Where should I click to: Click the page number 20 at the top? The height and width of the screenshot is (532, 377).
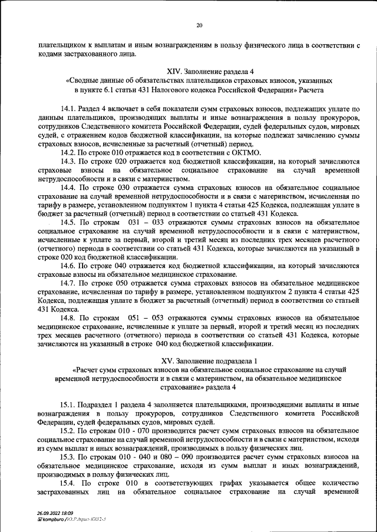coord(199,25)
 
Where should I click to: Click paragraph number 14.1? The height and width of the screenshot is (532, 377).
coord(68,109)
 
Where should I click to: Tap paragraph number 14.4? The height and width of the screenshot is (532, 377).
coord(68,188)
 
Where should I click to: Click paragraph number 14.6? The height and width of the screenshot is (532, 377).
coord(68,266)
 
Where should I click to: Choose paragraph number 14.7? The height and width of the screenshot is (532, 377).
coord(68,283)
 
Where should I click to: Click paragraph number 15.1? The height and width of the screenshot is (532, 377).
coord(68,406)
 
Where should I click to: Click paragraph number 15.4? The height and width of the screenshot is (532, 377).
coord(68,483)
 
